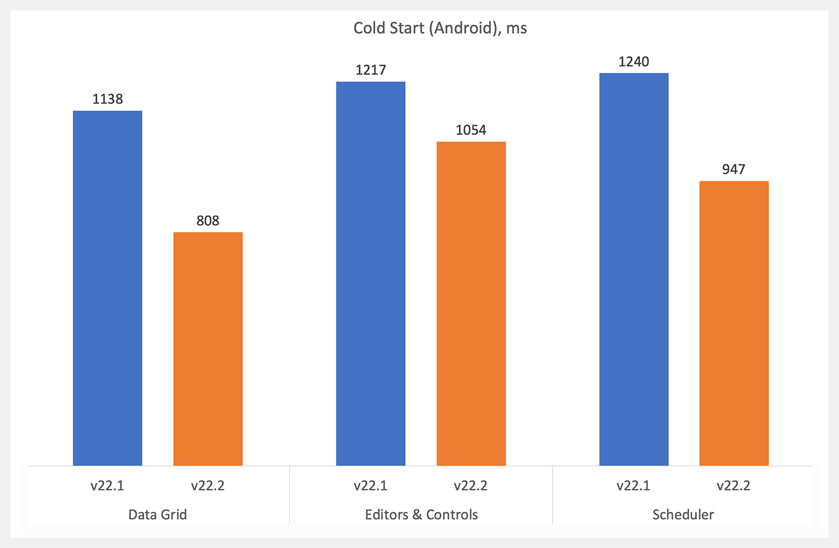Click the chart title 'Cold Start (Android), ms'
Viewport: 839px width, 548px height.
point(440,28)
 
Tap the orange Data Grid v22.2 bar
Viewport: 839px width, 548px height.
point(208,349)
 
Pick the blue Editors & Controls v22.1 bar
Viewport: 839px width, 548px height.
point(371,273)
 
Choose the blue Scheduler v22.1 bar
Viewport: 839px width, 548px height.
point(634,269)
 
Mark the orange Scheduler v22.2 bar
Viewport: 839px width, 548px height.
point(734,323)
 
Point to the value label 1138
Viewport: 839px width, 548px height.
point(107,99)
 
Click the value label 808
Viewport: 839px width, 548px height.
point(208,221)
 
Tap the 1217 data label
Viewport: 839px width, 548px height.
point(371,70)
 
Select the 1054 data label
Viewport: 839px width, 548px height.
point(471,130)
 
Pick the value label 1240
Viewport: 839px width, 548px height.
point(634,62)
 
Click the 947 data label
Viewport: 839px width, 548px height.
point(734,169)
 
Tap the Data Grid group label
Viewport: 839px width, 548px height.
point(158,514)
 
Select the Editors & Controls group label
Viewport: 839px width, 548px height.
point(421,514)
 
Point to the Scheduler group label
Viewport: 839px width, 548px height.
point(683,514)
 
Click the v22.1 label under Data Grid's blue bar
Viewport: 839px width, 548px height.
point(107,486)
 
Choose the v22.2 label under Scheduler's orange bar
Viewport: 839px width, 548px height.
point(733,486)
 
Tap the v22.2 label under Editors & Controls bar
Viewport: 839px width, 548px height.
point(471,486)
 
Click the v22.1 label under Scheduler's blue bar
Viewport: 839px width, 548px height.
point(633,486)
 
